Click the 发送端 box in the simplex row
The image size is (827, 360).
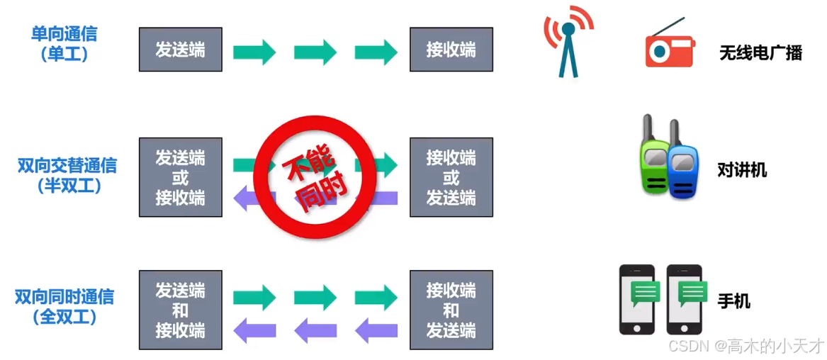(x=180, y=50)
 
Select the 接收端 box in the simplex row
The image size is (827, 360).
(x=451, y=50)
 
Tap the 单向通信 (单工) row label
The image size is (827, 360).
(x=64, y=43)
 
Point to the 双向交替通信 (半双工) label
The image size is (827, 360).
(x=67, y=176)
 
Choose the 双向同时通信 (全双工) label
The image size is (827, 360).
(x=64, y=306)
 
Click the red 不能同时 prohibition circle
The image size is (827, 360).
(x=309, y=177)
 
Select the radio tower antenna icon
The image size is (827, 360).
(x=568, y=44)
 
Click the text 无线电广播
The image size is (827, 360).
(x=760, y=53)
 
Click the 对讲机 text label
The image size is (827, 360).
(x=742, y=170)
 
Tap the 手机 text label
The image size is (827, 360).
(x=733, y=301)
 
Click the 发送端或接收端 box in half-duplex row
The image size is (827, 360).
(x=180, y=177)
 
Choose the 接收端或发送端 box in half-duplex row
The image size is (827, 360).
(x=451, y=177)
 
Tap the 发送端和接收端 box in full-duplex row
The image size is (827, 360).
(x=180, y=310)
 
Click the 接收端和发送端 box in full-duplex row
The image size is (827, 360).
(x=451, y=310)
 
